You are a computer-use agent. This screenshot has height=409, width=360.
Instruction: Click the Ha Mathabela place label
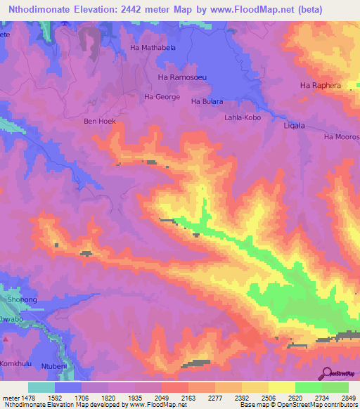tap(154, 48)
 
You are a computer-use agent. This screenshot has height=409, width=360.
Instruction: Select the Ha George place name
tap(162, 97)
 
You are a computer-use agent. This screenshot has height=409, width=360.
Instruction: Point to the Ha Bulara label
tap(207, 102)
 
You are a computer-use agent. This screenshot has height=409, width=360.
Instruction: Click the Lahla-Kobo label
tap(243, 118)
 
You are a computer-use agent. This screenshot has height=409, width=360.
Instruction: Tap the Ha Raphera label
tap(320, 86)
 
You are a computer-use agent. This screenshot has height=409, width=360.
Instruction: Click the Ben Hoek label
tap(99, 122)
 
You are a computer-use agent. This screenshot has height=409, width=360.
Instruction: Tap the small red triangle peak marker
tap(6, 339)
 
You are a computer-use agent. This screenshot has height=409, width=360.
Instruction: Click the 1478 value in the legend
tap(27, 397)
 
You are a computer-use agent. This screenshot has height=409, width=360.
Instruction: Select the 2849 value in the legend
tap(340, 397)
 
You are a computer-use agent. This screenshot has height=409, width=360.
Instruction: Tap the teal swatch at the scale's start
tap(41, 387)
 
